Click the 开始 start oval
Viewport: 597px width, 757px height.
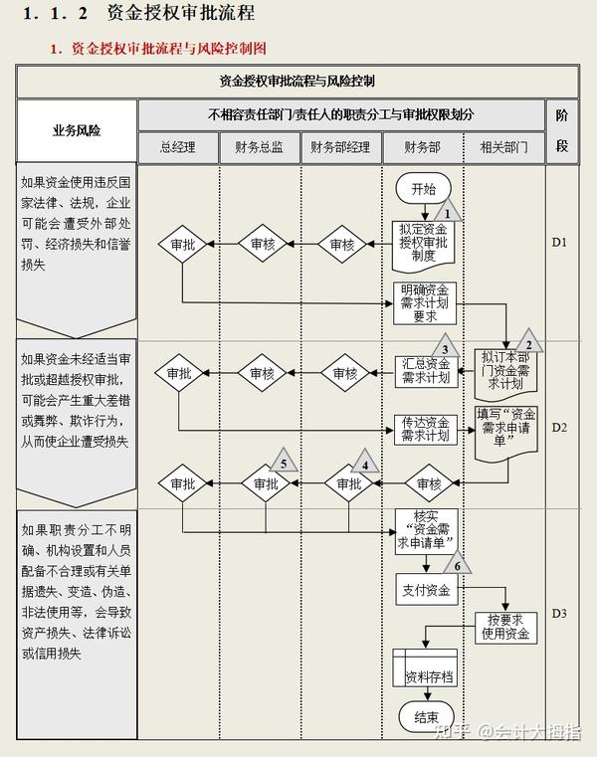click(423, 188)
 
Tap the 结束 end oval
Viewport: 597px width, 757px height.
click(426, 715)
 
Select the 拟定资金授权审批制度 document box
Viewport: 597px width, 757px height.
click(422, 241)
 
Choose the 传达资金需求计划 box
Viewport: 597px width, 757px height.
click(425, 430)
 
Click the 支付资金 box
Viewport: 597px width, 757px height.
click(425, 590)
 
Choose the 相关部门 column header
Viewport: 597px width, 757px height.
click(504, 147)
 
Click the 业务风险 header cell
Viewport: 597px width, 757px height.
click(77, 130)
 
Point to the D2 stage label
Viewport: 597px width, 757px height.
click(559, 427)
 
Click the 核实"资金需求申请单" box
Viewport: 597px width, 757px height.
click(425, 528)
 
